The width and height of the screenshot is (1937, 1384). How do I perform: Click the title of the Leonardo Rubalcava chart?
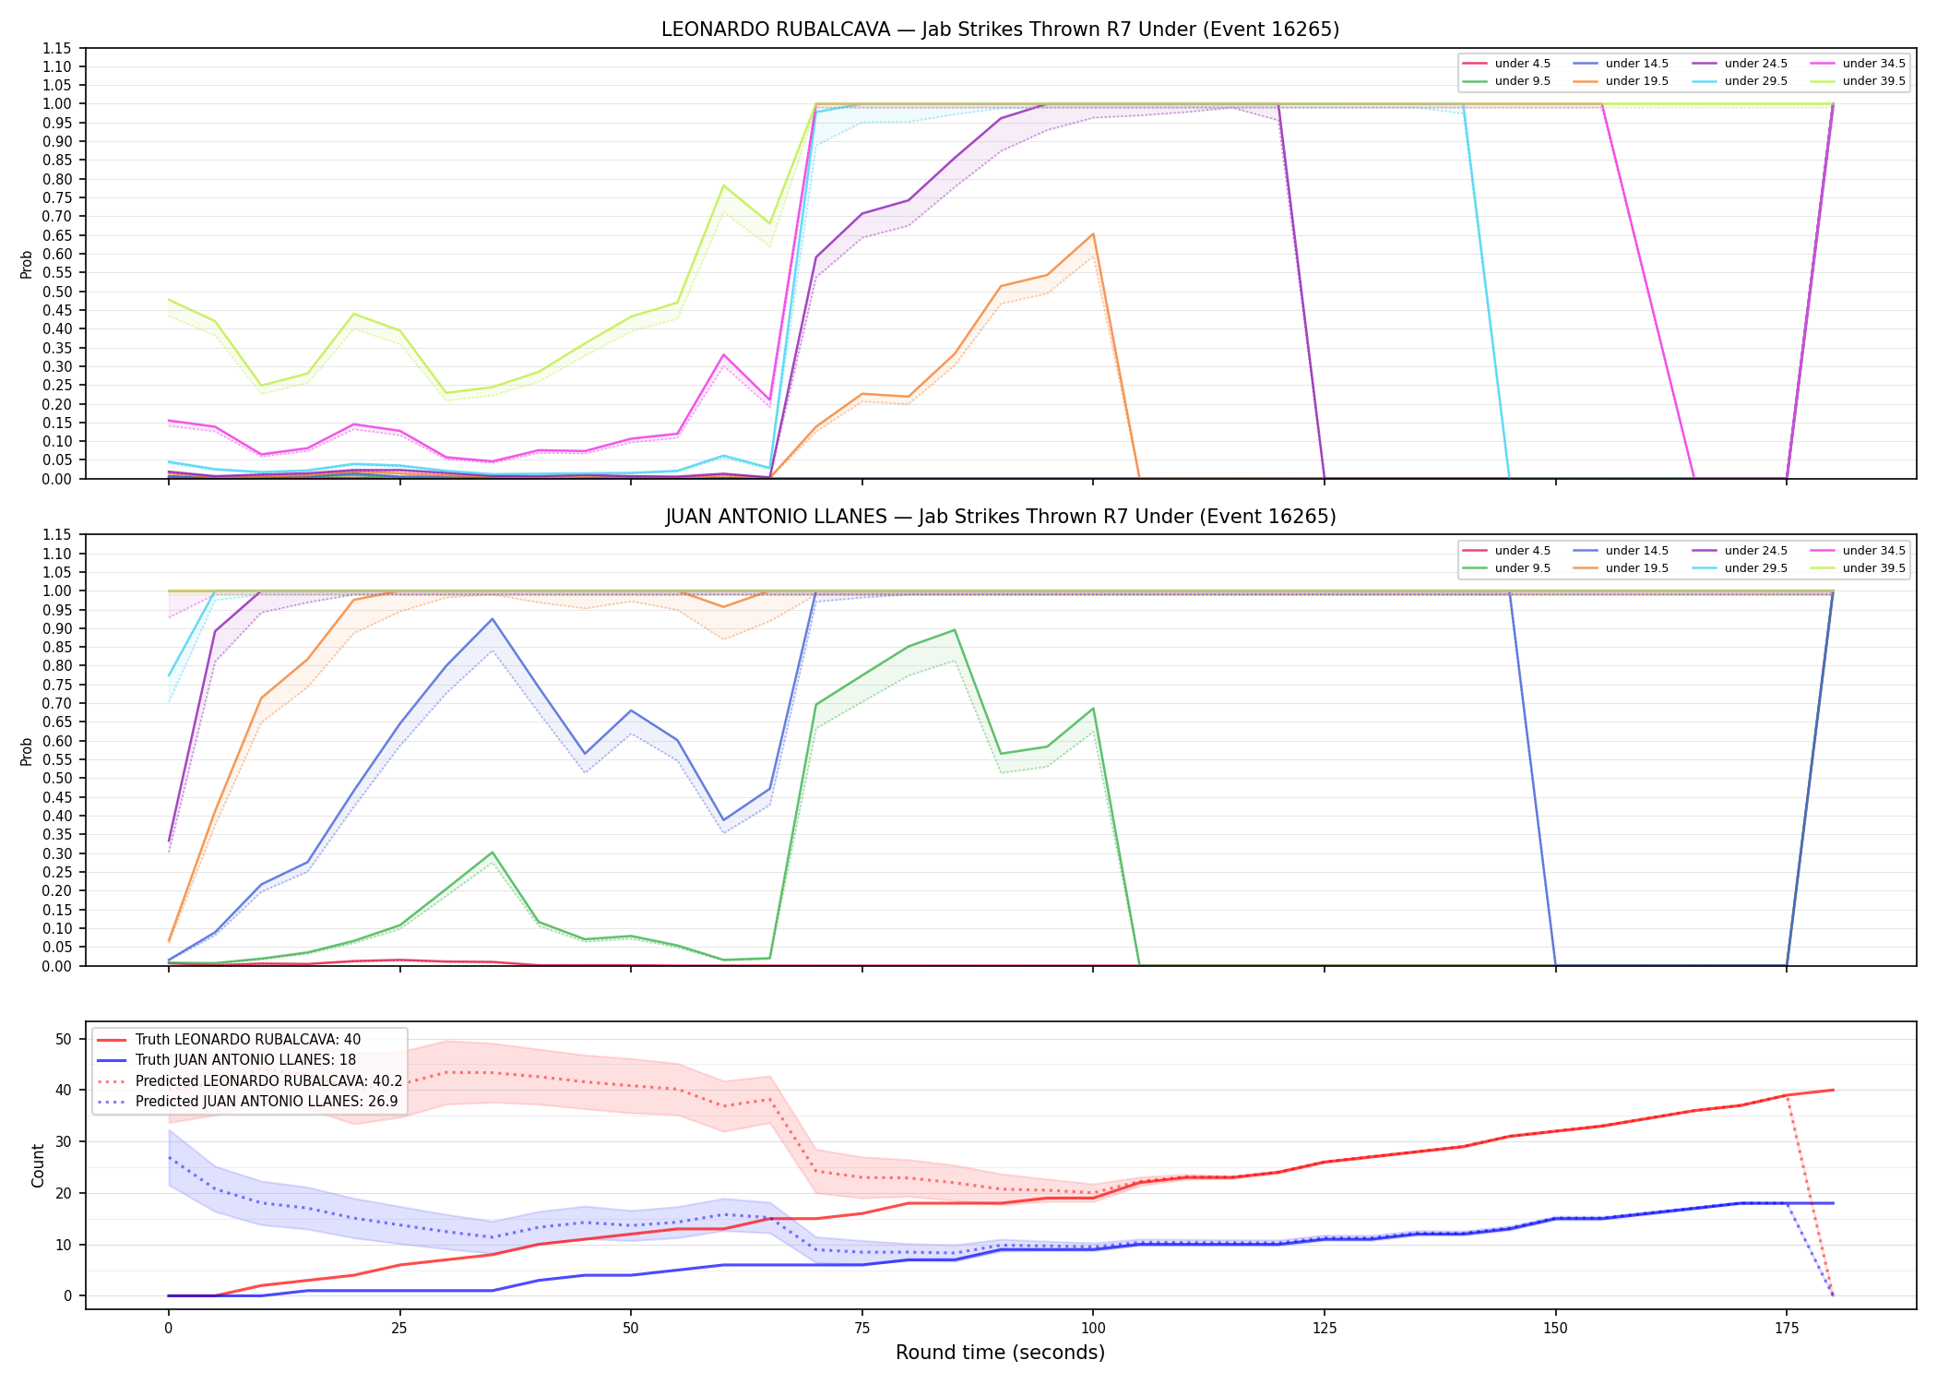click(x=1000, y=30)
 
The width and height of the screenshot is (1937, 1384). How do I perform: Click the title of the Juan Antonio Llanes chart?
click(x=1000, y=517)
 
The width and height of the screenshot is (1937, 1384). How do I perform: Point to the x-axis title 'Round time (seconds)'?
click(x=1000, y=1353)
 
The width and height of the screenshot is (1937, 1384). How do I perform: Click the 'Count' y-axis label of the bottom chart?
click(x=38, y=1165)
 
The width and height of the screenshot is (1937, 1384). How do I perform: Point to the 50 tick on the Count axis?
click(x=64, y=1039)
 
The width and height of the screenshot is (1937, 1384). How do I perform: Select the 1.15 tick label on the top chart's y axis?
click(x=56, y=48)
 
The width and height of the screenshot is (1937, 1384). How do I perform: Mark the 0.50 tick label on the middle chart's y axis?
click(x=56, y=779)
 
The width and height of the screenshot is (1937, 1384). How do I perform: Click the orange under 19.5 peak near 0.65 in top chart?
click(x=1093, y=233)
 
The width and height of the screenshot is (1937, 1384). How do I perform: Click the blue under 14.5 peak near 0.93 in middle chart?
click(x=493, y=619)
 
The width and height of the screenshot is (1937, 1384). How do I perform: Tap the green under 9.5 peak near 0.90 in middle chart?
click(x=955, y=630)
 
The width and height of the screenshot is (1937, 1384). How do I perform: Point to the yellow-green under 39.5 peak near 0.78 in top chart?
click(x=724, y=185)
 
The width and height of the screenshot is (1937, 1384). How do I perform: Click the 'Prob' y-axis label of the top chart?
click(x=27, y=264)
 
